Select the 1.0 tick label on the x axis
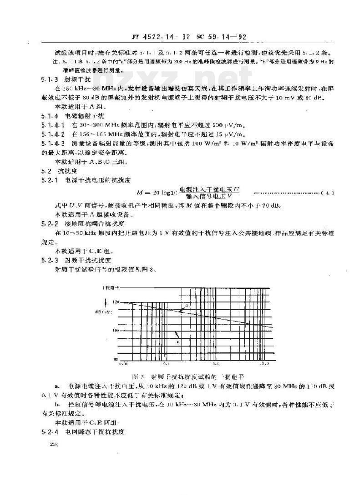pos(216,363)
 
